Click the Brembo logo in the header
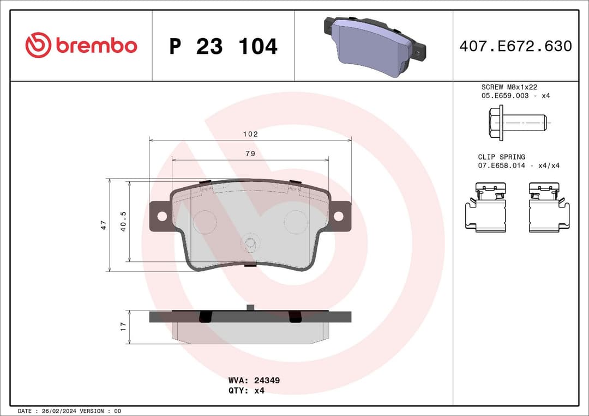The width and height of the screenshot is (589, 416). tap(81, 46)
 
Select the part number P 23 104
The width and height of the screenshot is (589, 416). tap(223, 47)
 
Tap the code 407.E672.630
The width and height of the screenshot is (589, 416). tap(515, 46)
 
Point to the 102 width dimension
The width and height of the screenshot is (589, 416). tap(250, 134)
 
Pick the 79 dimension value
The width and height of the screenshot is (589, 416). tap(250, 154)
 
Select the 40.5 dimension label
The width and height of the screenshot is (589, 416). tap(123, 222)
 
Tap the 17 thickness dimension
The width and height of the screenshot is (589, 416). tap(123, 327)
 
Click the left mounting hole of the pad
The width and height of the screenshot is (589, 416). tap(162, 216)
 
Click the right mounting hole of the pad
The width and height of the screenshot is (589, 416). tap(338, 216)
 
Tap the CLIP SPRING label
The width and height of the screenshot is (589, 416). tap(502, 157)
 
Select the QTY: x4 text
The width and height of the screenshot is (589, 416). tap(246, 390)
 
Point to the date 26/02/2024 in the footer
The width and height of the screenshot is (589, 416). tap(58, 411)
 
